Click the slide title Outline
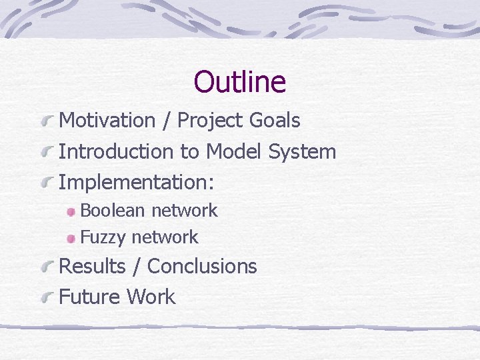[239, 82]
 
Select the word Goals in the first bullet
[275, 121]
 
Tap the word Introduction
[116, 151]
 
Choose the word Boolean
[112, 211]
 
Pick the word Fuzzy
[103, 237]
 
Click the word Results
[93, 266]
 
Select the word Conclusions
[202, 266]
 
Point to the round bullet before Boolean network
[71, 211]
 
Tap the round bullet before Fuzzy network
[71, 238]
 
